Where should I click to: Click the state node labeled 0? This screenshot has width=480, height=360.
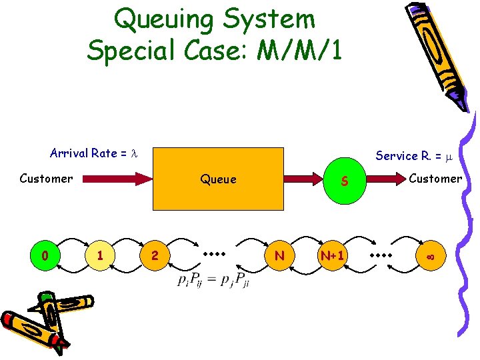pyautogui.click(x=45, y=256)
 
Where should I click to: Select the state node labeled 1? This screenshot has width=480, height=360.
pyautogui.click(x=99, y=256)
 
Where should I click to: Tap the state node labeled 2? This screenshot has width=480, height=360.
pyautogui.click(x=155, y=256)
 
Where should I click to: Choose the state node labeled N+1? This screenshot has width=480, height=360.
pyautogui.click(x=332, y=256)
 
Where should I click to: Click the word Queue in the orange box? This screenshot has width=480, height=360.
pyautogui.click(x=218, y=179)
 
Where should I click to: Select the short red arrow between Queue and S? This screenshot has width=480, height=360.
pyautogui.click(x=305, y=179)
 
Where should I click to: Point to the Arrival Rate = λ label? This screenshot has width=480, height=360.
pyautogui.click(x=93, y=153)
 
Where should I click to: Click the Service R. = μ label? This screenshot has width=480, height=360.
pyautogui.click(x=414, y=155)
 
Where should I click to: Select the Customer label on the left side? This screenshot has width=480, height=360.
pyautogui.click(x=46, y=178)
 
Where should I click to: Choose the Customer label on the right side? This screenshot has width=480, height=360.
pyautogui.click(x=435, y=178)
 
